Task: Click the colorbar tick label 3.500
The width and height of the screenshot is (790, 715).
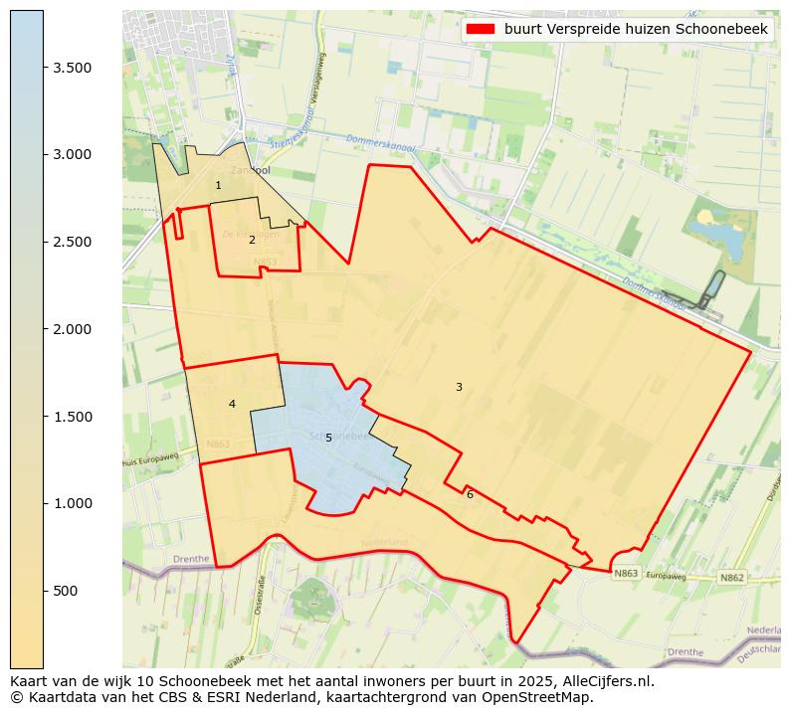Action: (x=73, y=68)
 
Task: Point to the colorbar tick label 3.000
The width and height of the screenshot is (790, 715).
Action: (x=73, y=154)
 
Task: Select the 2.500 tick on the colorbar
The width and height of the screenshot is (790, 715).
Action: (x=73, y=242)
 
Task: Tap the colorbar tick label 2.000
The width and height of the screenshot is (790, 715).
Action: (x=73, y=329)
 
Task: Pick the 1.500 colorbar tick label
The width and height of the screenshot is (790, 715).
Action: (x=73, y=416)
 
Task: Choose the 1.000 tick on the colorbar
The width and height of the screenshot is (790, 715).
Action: (x=73, y=503)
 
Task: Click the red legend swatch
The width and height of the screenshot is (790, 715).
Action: (x=482, y=30)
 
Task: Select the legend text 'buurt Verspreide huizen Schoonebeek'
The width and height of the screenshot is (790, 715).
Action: (x=636, y=30)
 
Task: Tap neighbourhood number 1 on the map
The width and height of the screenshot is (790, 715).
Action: (x=218, y=186)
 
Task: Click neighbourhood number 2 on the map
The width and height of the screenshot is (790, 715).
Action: (x=252, y=240)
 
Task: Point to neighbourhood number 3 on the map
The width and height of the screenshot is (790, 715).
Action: (x=459, y=387)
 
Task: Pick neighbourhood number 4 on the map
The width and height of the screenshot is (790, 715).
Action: (x=232, y=404)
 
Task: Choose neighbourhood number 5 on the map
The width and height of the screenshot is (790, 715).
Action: (x=328, y=438)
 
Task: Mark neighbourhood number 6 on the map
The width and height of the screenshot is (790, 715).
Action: (x=470, y=494)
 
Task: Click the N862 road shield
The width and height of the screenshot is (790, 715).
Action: (x=731, y=577)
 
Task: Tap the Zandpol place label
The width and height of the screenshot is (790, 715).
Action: (x=251, y=170)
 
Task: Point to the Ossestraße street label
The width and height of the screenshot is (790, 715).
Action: (x=261, y=596)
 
